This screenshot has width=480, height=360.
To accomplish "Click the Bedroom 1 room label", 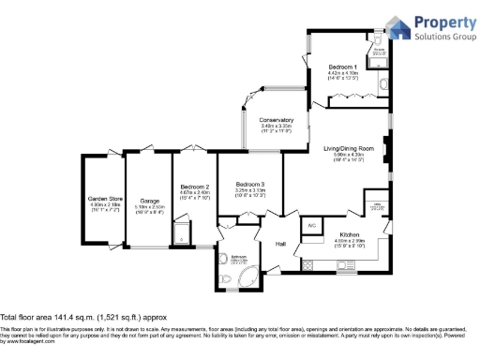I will point(342,67).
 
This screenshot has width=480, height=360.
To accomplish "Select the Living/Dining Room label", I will point(349,148).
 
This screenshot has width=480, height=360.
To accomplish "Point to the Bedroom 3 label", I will point(250,183).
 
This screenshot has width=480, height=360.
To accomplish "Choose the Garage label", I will point(149,202).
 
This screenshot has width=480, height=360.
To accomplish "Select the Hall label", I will point(280,244).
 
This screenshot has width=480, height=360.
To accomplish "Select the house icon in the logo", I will point(398,26).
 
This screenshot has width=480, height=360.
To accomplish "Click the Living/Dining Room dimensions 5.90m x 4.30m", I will point(349,155).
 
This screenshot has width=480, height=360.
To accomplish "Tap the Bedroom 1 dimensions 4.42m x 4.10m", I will point(342,73).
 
